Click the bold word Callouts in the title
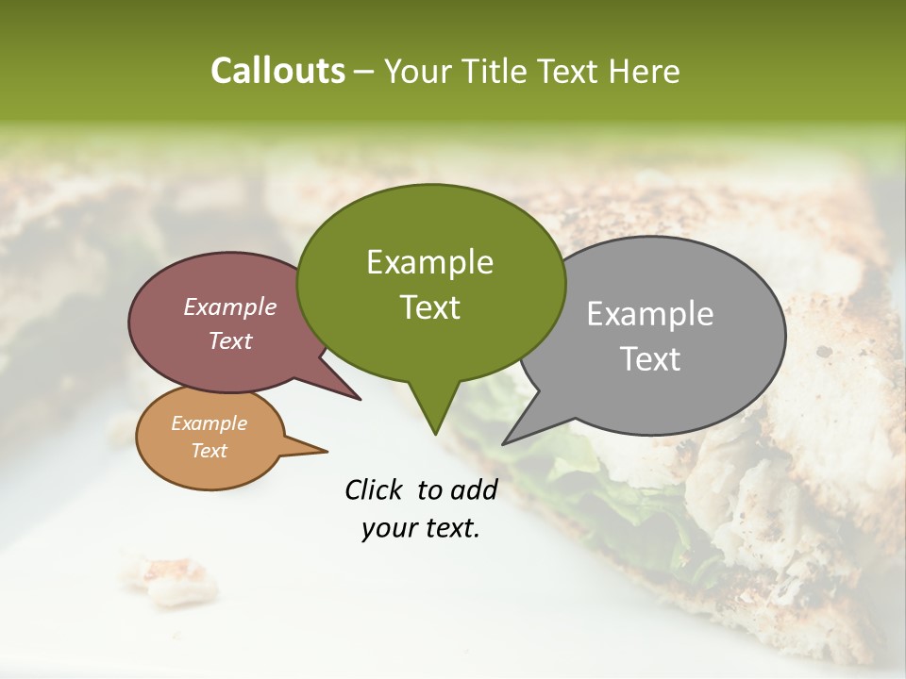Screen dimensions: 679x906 tap(277, 71)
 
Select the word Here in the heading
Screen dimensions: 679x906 tap(644, 71)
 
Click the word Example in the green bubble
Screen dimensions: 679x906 tap(429, 262)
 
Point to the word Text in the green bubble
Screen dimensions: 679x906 tap(429, 307)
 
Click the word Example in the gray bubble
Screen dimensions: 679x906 tap(650, 314)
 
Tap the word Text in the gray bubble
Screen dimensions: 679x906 tap(650, 359)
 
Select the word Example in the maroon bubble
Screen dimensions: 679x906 tap(229, 306)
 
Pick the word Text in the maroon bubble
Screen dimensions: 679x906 tap(229, 340)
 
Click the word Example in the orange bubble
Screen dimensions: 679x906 tap(209, 423)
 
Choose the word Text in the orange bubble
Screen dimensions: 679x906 tap(209, 451)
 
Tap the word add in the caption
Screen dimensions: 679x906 tap(475, 489)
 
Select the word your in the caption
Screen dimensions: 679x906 tap(385, 528)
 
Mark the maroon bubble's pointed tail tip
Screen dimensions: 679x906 tap(360, 400)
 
